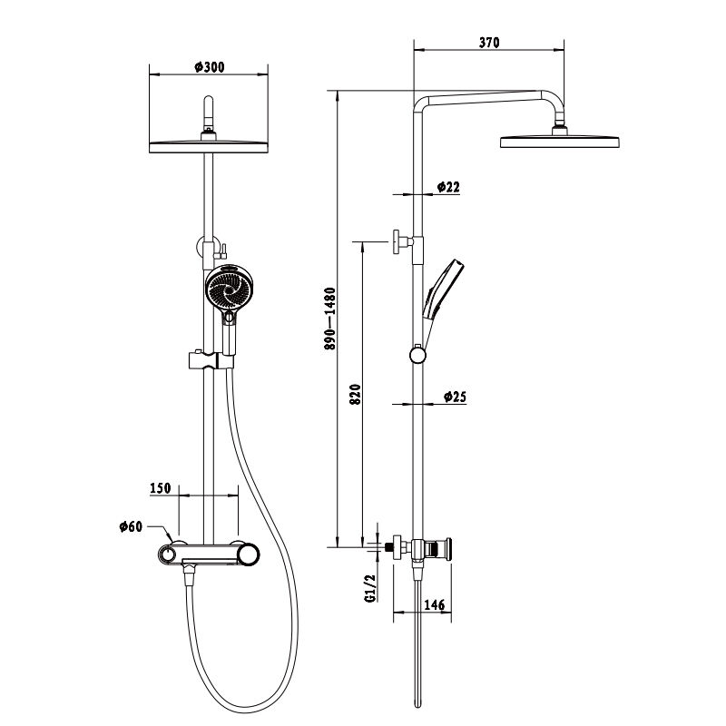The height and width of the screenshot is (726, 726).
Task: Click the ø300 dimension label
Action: point(210,67)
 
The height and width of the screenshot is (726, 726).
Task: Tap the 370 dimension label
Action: point(489,43)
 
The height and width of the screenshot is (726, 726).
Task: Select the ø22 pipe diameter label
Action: point(448,187)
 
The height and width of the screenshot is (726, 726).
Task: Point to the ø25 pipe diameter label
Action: point(455,397)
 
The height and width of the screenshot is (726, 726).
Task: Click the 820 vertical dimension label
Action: point(355,395)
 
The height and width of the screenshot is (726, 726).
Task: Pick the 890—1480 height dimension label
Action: point(329,319)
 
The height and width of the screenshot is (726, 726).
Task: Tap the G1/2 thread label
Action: point(370,588)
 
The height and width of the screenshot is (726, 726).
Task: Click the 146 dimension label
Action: point(435,604)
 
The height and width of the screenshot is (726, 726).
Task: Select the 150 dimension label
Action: point(161,488)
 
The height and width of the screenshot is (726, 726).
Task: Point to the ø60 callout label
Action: point(131,526)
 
